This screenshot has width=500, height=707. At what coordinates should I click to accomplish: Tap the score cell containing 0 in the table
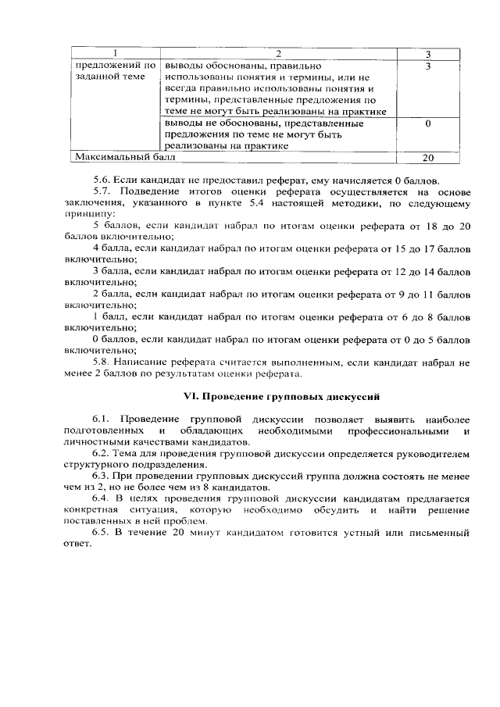(x=428, y=123)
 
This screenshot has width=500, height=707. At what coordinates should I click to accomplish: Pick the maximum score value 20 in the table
(x=428, y=158)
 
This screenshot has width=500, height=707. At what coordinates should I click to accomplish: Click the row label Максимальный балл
(x=117, y=157)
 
